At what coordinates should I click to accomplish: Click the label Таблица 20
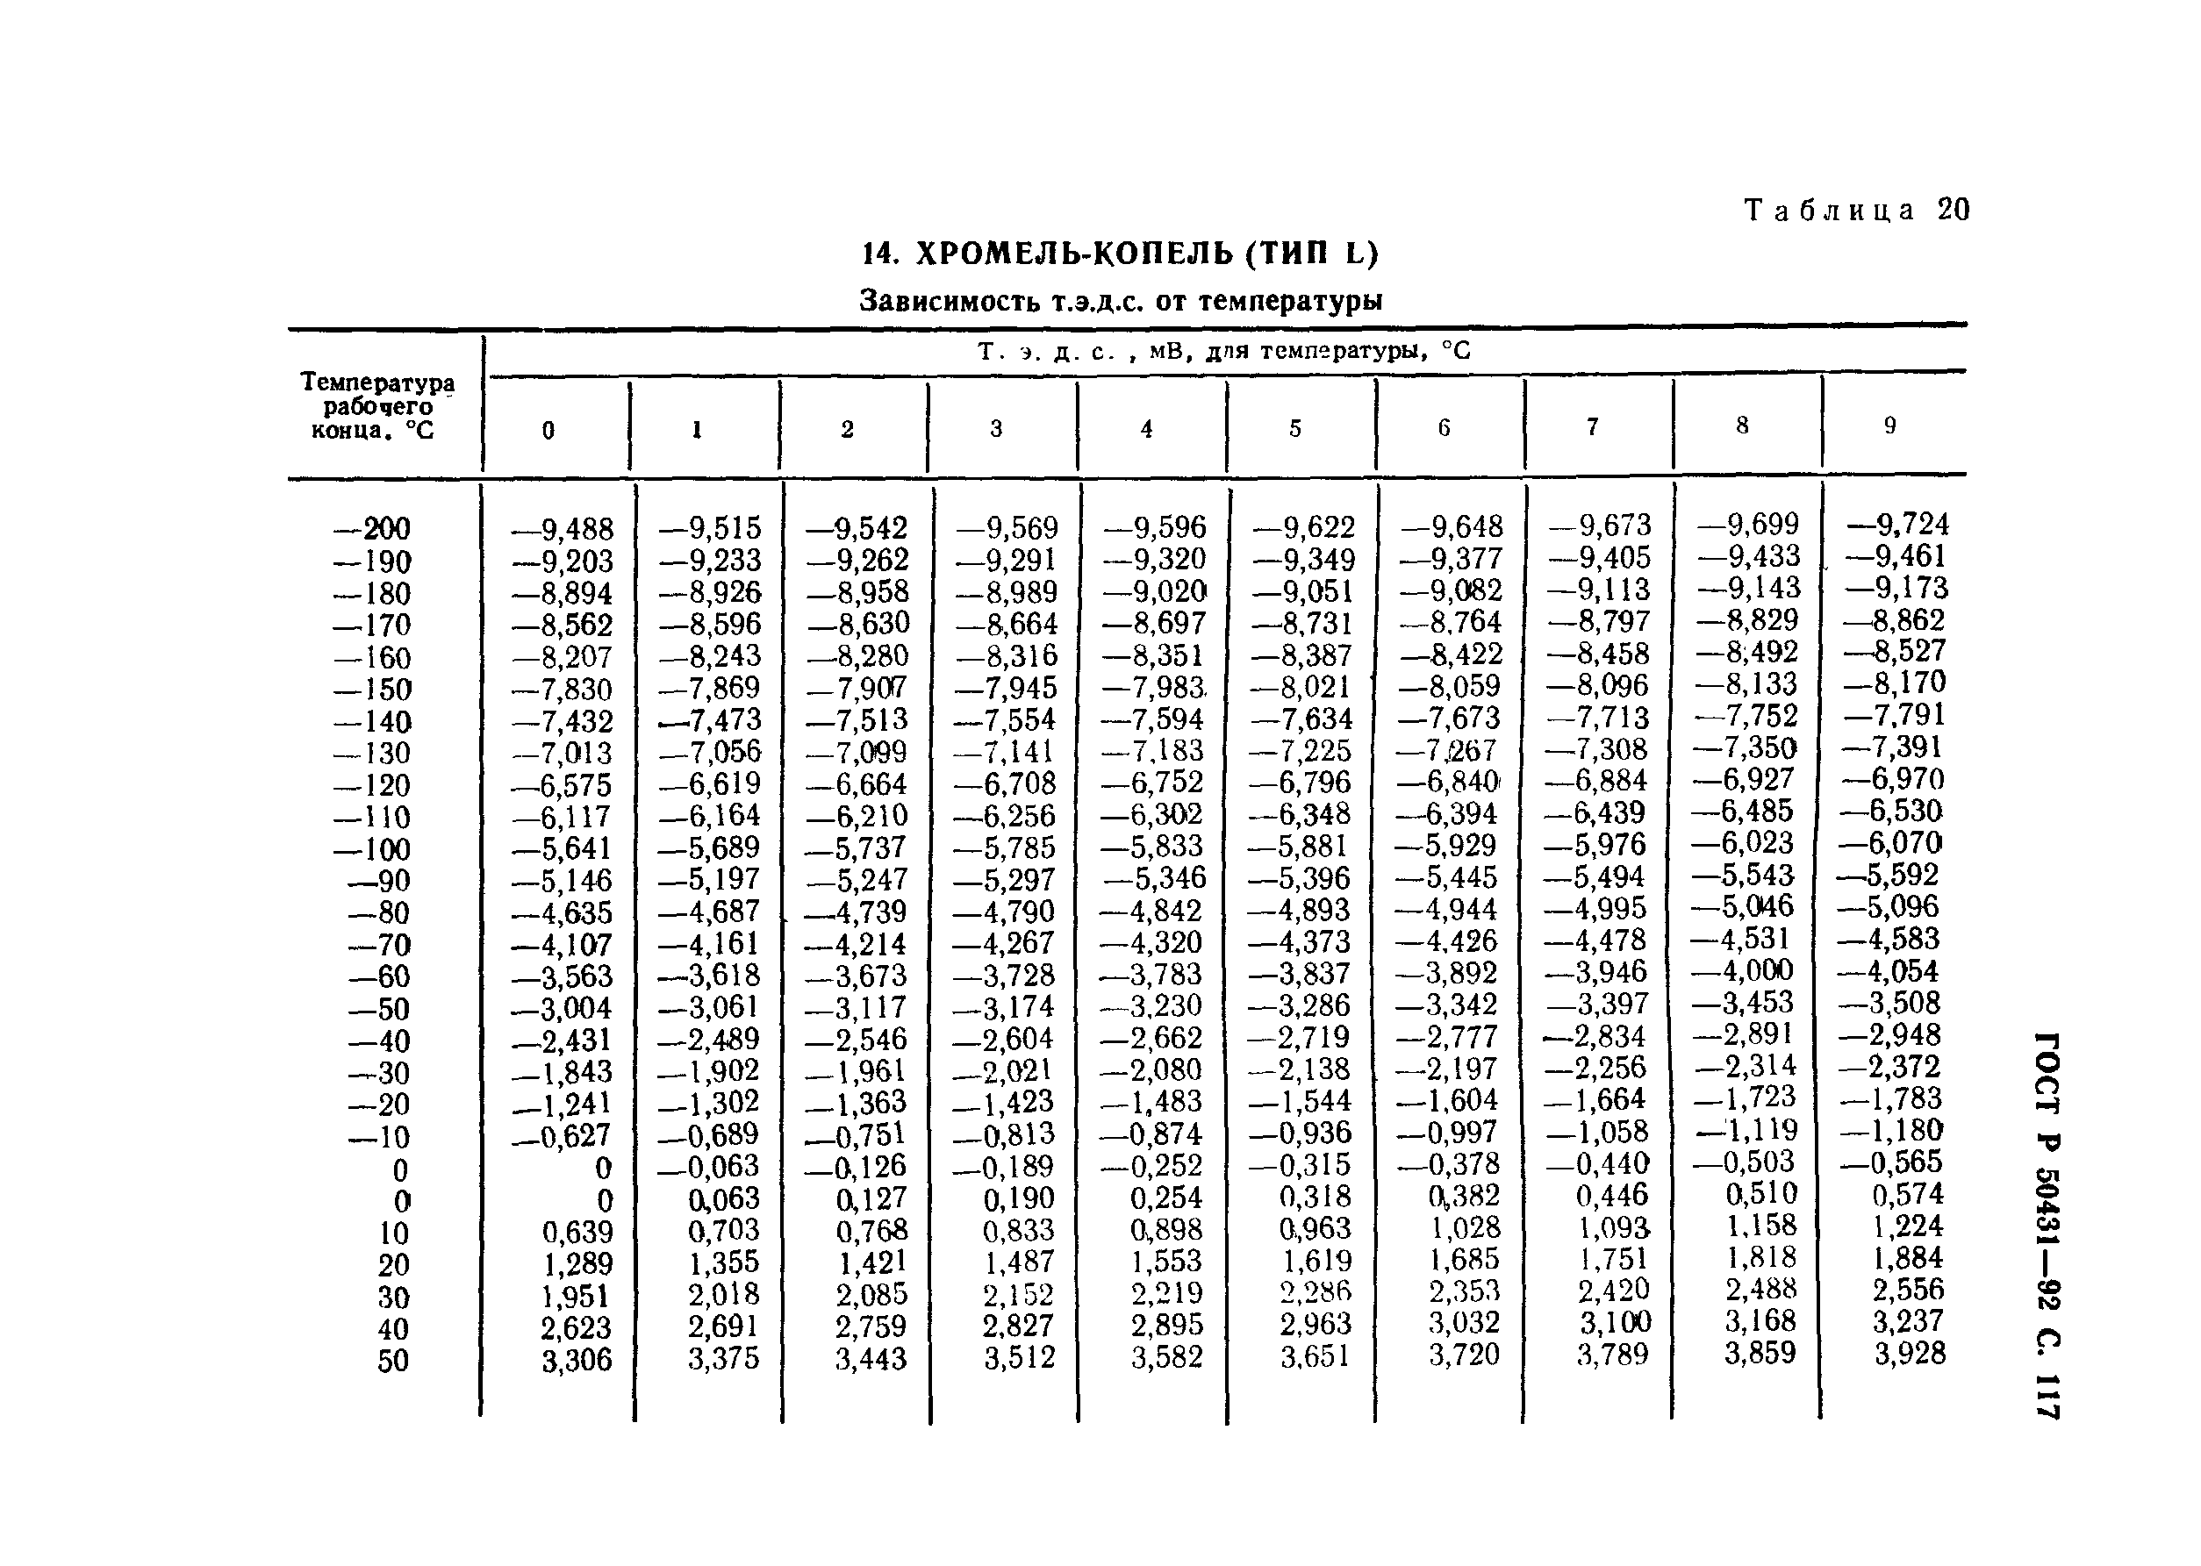click(1856, 211)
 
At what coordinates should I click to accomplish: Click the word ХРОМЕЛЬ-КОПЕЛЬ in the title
click(1071, 254)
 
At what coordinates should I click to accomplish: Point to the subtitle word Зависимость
click(944, 302)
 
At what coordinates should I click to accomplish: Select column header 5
click(1294, 428)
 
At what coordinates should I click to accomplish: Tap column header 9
click(1889, 425)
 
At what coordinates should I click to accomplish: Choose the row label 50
click(392, 1361)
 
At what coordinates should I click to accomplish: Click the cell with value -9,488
click(563, 528)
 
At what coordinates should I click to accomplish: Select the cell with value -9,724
click(1897, 525)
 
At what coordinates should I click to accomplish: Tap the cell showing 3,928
click(1910, 1353)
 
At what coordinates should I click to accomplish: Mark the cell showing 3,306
click(577, 1360)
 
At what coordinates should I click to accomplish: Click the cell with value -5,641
click(563, 848)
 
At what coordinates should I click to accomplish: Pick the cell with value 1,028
click(1465, 1227)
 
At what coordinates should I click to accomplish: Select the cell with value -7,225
click(1302, 750)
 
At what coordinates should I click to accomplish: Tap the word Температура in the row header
click(377, 383)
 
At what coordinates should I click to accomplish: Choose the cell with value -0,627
click(563, 1137)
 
